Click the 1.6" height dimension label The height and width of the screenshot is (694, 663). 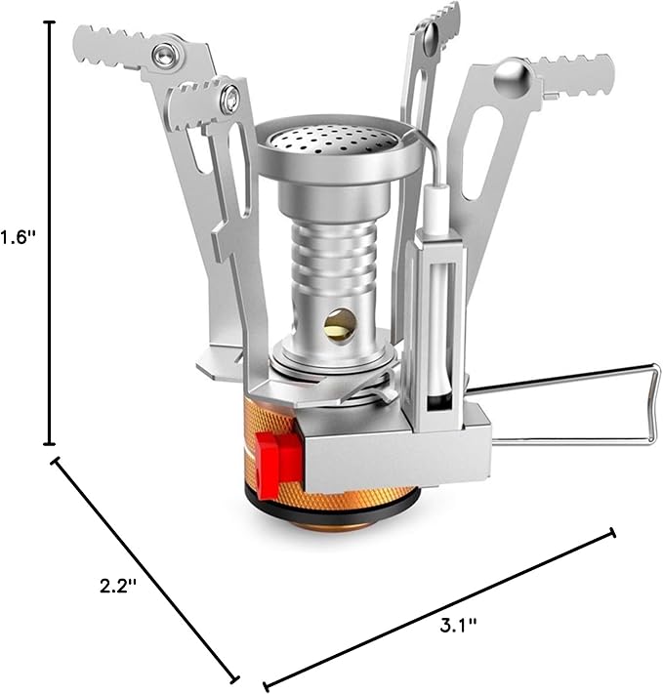18,238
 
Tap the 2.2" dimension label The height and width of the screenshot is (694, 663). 117,587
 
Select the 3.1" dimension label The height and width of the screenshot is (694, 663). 458,627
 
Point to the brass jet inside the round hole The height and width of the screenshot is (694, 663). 340,325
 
